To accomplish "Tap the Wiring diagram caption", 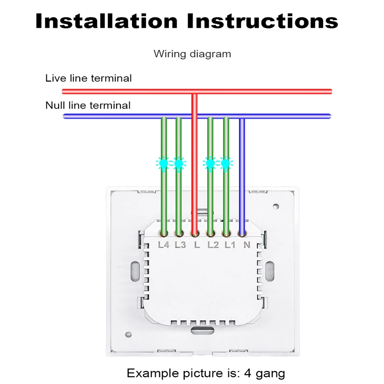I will point(192,54).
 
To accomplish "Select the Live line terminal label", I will point(88,78).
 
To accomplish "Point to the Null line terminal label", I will point(88,105).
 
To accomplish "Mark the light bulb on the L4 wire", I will point(163,164).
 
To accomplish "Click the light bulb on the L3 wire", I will point(179,164).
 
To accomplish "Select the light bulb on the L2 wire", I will point(210,164).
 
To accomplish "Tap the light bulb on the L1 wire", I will point(225,164).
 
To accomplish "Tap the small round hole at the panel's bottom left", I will point(128,335).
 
